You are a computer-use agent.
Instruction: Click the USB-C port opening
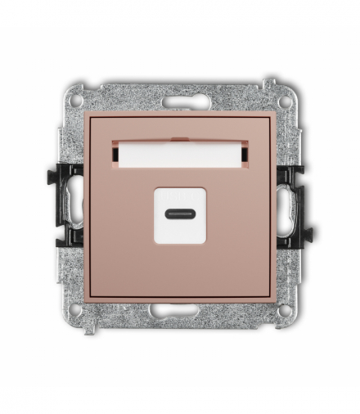coord(180,214)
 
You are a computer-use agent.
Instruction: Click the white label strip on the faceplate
coord(180,152)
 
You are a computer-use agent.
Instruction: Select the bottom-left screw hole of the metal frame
coord(76,310)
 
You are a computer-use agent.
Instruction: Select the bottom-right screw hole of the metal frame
coord(284,310)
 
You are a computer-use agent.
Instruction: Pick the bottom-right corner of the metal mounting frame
coord(296,324)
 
